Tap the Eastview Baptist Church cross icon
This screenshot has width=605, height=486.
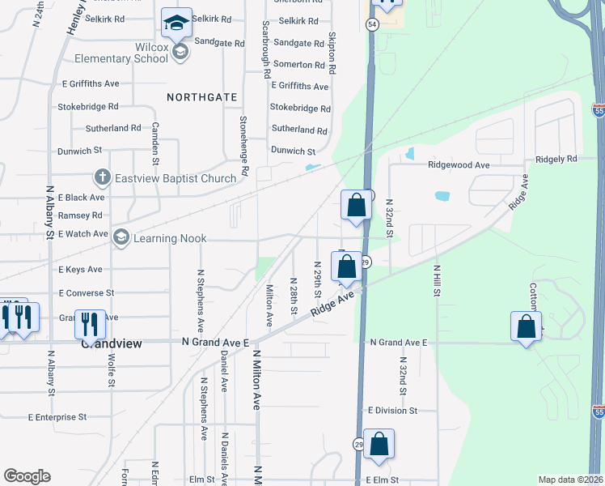102,176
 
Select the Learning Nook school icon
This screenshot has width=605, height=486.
121,237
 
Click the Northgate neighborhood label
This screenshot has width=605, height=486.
202,97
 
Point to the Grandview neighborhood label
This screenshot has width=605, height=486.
112,343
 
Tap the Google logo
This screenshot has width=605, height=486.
27,475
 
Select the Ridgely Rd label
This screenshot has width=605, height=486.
560,159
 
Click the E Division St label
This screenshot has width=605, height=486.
391,411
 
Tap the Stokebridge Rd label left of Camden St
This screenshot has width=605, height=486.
87,106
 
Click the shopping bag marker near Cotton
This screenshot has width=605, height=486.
526,327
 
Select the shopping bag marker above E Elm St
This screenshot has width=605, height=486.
379,445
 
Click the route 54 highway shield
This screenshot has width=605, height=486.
371,25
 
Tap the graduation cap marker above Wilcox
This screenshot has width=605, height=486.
176,24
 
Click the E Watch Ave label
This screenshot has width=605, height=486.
82,234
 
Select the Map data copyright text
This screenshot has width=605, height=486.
570,480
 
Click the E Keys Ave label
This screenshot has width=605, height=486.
80,269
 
